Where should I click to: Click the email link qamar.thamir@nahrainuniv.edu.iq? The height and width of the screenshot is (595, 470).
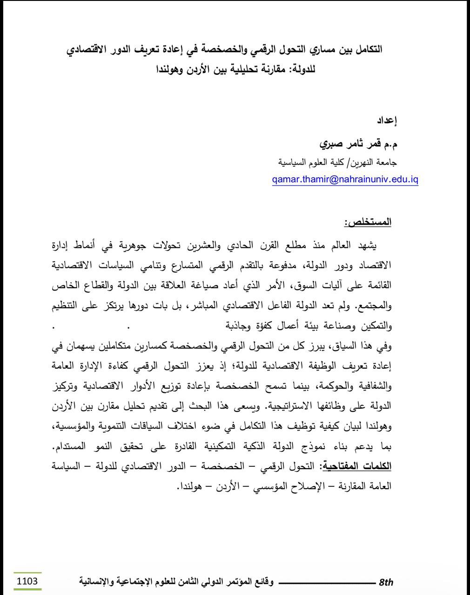click(x=345, y=180)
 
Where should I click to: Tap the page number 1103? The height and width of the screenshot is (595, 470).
click(x=27, y=581)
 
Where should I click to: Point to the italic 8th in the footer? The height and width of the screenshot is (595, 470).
click(x=386, y=582)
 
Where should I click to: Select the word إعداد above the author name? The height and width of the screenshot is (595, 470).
click(x=386, y=121)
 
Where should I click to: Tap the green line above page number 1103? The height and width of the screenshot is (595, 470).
click(x=27, y=573)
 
